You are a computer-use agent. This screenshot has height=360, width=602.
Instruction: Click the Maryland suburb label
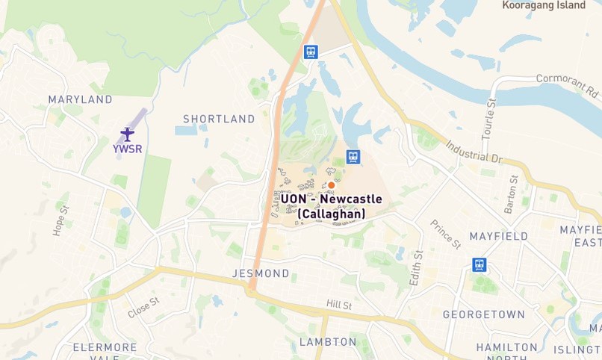(x=80, y=99)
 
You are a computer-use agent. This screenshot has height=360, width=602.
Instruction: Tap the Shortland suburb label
(x=219, y=119)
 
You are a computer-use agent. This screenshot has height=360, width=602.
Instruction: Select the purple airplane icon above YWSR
(x=127, y=134)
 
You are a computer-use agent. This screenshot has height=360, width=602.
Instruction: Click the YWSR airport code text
(x=127, y=149)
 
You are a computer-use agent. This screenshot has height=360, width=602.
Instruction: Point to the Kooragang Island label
(x=544, y=5)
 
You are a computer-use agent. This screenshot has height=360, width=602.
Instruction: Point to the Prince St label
(x=446, y=234)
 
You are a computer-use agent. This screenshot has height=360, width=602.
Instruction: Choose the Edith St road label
(x=416, y=267)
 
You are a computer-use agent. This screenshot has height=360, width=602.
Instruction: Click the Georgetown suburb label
(x=484, y=314)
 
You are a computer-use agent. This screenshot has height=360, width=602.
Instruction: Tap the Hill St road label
(x=338, y=305)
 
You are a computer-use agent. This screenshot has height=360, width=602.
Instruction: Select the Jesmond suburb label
(x=261, y=273)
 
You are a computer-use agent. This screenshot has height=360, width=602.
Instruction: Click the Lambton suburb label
(x=328, y=342)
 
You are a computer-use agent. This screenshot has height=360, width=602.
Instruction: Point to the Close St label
(x=143, y=308)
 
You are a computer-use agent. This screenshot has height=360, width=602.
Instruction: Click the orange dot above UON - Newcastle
(x=331, y=184)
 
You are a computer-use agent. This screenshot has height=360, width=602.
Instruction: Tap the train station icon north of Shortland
(x=311, y=52)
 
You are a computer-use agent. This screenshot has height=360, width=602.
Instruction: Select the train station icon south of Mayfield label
(x=479, y=264)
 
